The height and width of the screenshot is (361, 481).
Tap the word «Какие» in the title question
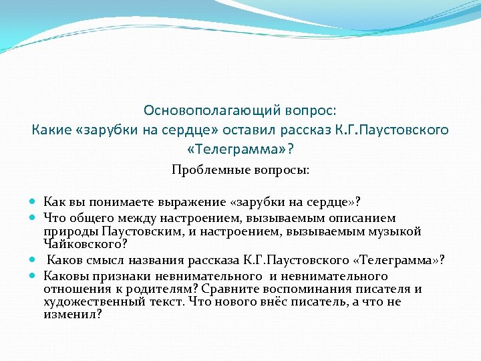pos(52,129)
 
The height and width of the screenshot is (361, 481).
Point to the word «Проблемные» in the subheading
pos(204,170)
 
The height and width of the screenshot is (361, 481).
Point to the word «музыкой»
pos(397,231)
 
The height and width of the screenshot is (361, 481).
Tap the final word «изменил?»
pos(72,314)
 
